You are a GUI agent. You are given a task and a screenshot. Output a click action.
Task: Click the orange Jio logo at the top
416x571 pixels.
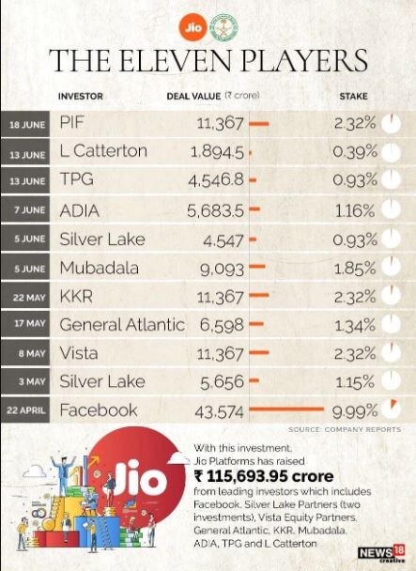(193, 27)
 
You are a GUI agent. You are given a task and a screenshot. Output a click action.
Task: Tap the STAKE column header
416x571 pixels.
(353, 97)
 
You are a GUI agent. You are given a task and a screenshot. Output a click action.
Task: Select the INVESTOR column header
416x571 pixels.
(81, 97)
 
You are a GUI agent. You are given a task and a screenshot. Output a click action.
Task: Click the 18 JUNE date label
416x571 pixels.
(27, 125)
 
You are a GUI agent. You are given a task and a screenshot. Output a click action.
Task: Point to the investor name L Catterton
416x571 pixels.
(103, 151)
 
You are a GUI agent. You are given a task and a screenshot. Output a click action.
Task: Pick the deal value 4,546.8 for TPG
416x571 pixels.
(216, 180)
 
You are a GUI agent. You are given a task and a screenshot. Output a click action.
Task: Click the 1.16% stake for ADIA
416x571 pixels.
(354, 211)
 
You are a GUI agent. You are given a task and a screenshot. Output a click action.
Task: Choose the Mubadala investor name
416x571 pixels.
(100, 268)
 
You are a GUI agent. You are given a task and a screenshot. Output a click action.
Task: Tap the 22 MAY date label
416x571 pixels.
(29, 298)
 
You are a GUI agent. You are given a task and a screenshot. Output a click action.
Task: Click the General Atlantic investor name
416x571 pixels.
(122, 324)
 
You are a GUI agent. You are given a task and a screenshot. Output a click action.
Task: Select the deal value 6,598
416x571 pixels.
(222, 325)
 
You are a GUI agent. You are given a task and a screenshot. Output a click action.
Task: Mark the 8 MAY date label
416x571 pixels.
(32, 353)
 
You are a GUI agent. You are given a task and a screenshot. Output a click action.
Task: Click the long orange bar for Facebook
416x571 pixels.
(286, 409)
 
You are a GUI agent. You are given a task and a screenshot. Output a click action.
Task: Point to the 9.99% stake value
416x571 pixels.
(354, 412)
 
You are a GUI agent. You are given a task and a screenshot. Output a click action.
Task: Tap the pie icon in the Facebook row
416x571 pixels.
(391, 409)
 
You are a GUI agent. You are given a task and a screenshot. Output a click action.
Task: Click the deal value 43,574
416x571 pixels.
(219, 412)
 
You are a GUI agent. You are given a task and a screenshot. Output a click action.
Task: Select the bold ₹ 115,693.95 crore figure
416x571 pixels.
(264, 476)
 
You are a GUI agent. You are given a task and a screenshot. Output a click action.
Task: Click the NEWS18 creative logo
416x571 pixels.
(381, 553)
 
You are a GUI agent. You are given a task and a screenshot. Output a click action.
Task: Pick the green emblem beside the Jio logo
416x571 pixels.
(223, 27)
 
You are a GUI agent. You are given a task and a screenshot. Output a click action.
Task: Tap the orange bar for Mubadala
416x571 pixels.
(257, 267)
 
